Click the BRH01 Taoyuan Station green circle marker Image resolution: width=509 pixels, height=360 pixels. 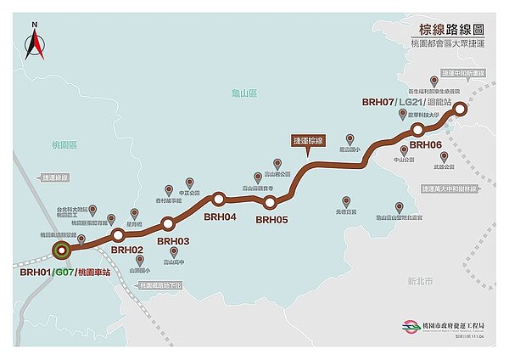[61, 250]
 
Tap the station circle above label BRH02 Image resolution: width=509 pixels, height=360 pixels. [118, 234]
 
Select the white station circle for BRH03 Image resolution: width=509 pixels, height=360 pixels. [167, 224]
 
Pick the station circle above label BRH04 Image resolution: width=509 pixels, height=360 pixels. [219, 200]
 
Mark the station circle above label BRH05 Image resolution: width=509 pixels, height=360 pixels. [270, 202]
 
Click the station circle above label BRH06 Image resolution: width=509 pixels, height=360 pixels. [417, 129]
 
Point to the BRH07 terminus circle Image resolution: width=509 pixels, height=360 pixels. [459, 109]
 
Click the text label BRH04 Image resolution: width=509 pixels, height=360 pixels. [219, 216]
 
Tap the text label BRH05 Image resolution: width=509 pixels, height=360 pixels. [272, 219]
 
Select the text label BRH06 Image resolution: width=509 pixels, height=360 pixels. [428, 145]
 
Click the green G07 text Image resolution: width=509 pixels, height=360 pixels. [64, 272]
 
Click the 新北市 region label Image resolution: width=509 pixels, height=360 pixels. [420, 279]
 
